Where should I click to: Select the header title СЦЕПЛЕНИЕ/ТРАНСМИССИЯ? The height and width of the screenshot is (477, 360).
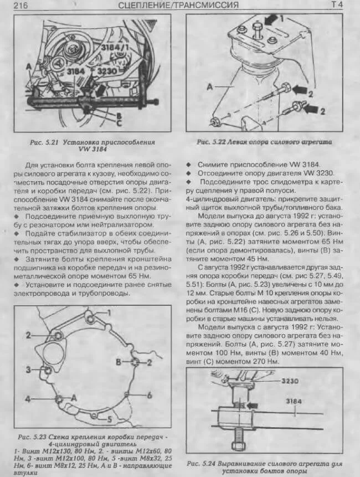(x=178, y=6)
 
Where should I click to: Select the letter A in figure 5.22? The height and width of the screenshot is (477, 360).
(x=210, y=87)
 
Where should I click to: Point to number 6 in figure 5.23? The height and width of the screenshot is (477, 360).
(x=148, y=395)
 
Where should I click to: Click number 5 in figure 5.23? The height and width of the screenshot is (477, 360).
(x=109, y=419)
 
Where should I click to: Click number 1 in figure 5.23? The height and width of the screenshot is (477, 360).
(x=109, y=313)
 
